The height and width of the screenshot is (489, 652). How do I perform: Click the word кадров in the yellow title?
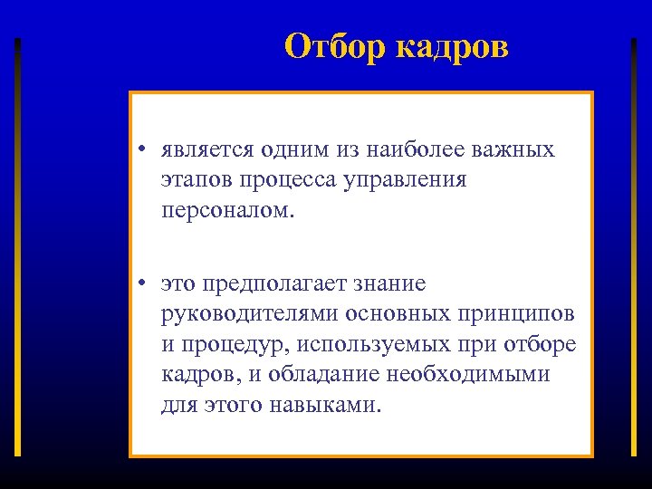pos(452,47)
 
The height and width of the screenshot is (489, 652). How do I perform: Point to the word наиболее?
pos(414,150)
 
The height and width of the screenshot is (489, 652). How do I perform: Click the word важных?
pos(514,150)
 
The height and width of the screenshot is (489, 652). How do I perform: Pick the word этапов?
pos(197,180)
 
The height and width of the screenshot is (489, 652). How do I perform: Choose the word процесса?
pos(289,180)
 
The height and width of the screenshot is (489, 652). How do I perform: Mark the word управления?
pos(407,180)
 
